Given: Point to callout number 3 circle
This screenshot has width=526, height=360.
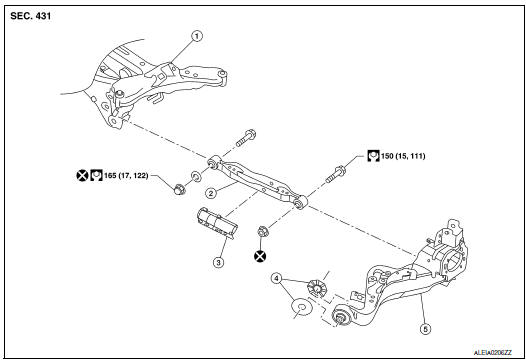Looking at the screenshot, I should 217,263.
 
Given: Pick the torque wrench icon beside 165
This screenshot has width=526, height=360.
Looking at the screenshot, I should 98,175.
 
